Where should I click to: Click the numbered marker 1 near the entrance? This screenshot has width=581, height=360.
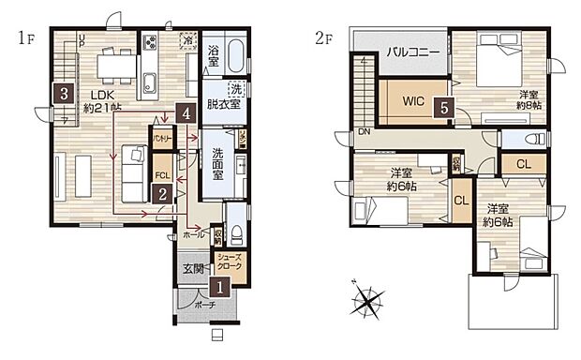click(x=220, y=290)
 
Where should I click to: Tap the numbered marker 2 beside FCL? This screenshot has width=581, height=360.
click(x=163, y=195)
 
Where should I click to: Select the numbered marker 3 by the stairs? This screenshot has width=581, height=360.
click(x=63, y=94)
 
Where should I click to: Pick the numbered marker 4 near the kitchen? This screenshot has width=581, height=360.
click(x=188, y=114)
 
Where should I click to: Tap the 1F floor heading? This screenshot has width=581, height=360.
click(x=25, y=38)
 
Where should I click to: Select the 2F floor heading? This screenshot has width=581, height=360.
click(x=324, y=38)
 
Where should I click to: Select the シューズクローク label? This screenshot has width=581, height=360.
click(x=230, y=262)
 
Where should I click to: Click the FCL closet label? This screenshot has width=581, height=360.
click(x=162, y=174)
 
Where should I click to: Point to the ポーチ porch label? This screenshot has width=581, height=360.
click(x=206, y=306)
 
